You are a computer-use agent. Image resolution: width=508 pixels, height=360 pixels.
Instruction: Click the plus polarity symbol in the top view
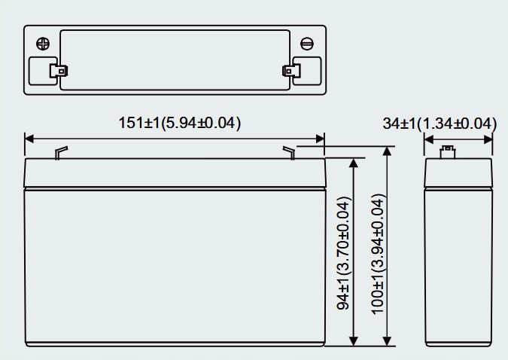pyautogui.click(x=43, y=43)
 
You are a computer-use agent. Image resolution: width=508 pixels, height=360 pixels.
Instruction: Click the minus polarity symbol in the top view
pyautogui.click(x=306, y=43)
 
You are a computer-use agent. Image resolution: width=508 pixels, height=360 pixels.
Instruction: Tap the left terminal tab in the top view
pyautogui.click(x=57, y=72)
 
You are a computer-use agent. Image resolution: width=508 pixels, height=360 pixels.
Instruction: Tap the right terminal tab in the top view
pyautogui.click(x=288, y=72)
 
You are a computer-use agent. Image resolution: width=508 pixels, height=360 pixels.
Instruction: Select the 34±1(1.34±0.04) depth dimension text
pyautogui.click(x=440, y=123)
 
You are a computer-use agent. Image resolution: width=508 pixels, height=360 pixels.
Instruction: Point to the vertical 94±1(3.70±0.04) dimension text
pyautogui.click(x=343, y=254)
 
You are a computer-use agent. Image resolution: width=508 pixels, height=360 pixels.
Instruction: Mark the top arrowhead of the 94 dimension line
pyautogui.click(x=354, y=163)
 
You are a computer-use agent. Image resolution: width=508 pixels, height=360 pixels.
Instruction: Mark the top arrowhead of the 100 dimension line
pyautogui.click(x=387, y=151)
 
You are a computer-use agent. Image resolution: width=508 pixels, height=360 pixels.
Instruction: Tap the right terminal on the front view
pyautogui.click(x=289, y=153)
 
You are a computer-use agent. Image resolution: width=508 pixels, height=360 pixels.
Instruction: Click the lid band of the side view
pyautogui.click(x=458, y=173)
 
